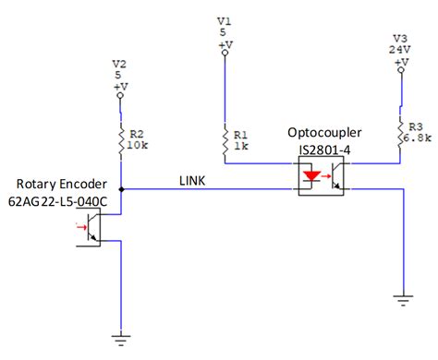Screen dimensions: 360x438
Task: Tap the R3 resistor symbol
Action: click(400, 134)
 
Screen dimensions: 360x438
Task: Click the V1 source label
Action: click(224, 19)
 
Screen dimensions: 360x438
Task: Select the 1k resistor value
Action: click(241, 146)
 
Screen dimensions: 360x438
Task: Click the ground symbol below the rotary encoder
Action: click(122, 339)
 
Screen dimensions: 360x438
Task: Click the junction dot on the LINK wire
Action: click(122, 190)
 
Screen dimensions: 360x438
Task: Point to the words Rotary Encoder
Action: click(56, 183)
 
